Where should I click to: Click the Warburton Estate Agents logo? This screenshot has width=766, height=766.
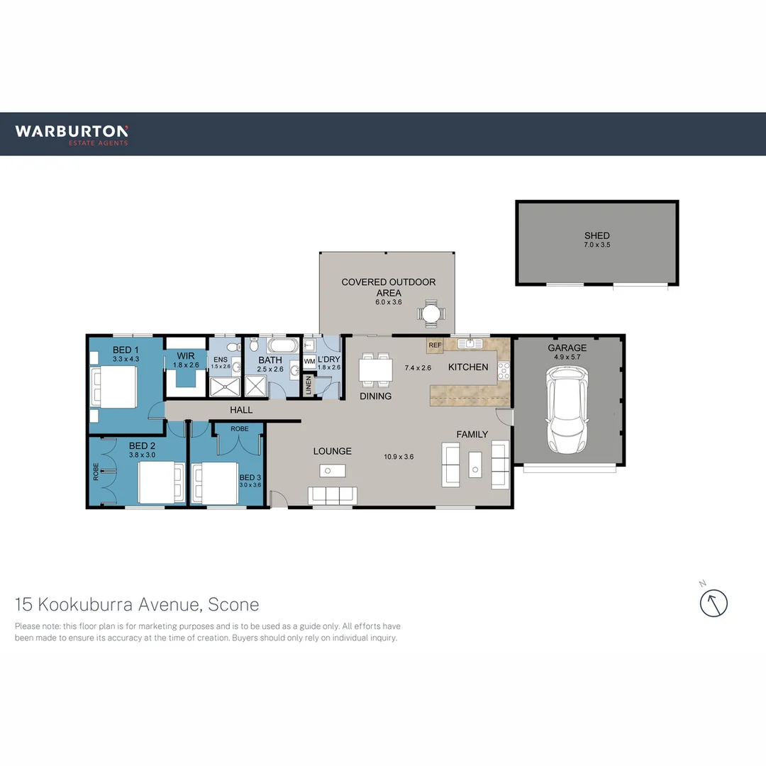pos(72,134)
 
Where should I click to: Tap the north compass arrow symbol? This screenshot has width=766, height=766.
pos(714,604)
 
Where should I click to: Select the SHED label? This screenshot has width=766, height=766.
pos(596,235)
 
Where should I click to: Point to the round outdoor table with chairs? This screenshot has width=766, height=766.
pos(431,312)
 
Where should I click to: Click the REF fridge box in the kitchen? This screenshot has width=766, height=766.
pos(435,345)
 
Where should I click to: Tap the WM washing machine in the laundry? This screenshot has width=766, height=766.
pos(309,362)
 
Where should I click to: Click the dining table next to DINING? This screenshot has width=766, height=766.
pos(376,369)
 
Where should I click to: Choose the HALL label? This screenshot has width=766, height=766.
pos(241,410)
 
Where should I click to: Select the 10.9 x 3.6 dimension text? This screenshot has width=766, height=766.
pos(399,457)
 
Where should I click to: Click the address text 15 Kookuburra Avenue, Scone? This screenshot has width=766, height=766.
pos(137,605)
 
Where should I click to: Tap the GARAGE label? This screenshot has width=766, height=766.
pos(567,348)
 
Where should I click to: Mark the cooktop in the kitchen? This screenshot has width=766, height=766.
pos(504,369)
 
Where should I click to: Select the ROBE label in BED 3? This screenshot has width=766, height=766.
pos(239,429)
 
